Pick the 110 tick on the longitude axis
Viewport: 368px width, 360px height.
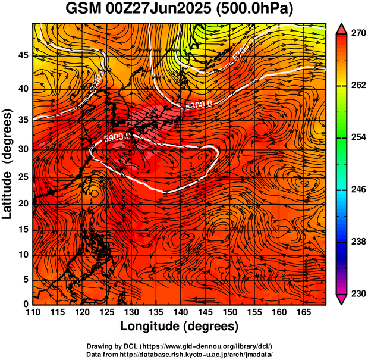pos(33,313)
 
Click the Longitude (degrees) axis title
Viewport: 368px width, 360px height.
pos(180,327)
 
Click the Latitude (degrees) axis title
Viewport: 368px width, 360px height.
pos(8,164)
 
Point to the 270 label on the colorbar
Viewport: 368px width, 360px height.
pos(356,34)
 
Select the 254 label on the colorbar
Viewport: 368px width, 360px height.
pos(356,137)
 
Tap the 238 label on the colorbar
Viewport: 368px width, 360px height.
pos(356,242)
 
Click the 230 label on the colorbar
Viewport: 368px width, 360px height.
pos(356,293)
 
